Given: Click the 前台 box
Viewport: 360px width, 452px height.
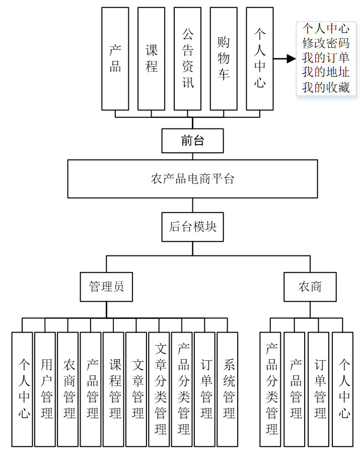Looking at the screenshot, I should point(192,141).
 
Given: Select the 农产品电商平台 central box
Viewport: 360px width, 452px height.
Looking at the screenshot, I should point(192,179).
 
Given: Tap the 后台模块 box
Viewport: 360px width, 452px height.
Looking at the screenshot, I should point(192,227).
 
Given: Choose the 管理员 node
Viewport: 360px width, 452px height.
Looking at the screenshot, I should point(106,287).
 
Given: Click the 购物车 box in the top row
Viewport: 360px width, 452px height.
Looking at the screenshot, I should point(224,58).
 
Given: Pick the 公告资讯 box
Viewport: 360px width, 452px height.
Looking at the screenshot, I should point(187,58).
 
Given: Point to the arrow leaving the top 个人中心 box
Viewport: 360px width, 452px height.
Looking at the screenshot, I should point(285,59).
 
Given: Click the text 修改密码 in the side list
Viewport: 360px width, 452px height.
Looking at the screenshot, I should point(325,43).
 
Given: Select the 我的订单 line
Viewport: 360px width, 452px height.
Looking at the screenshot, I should point(325,58).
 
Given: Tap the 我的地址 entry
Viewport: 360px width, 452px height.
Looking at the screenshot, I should point(325,73).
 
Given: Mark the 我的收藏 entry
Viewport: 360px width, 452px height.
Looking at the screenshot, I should point(325,87).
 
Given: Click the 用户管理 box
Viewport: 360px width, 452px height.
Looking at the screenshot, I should point(45,389).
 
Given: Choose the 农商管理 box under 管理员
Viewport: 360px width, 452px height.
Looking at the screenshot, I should point(68,389).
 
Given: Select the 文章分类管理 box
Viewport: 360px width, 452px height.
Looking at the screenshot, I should point(159,389).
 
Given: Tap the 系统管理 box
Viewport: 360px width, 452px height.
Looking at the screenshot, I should point(227,389).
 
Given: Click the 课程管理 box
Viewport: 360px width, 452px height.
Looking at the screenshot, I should point(113,389).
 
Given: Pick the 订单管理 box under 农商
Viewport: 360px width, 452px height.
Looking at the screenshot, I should point(319,389).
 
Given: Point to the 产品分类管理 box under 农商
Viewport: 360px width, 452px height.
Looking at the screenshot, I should point(271,389).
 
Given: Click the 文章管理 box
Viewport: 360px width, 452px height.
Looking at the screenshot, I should point(136,389).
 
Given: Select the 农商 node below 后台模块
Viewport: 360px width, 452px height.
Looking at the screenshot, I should point(310,287).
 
